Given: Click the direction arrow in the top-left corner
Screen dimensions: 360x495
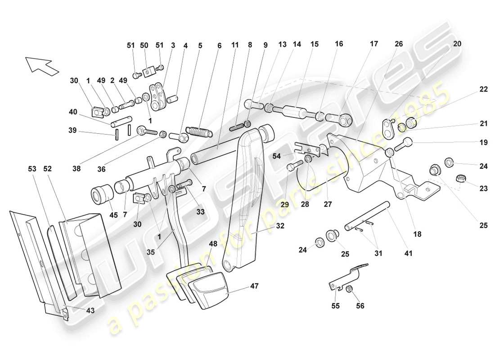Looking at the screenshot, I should coord(42,65).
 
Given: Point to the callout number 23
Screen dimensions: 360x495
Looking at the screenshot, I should coord(483,189).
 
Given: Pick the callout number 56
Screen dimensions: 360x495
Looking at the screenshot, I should coord(360,306).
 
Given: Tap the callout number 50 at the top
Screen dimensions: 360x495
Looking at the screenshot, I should coord(144,46).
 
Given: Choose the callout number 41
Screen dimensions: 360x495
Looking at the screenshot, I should coord(408,254).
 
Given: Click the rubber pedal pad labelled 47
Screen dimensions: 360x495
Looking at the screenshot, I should coord(208,288).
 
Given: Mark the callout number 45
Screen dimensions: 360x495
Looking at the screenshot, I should coord(113,215).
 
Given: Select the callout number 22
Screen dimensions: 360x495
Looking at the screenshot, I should coord(483,90).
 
